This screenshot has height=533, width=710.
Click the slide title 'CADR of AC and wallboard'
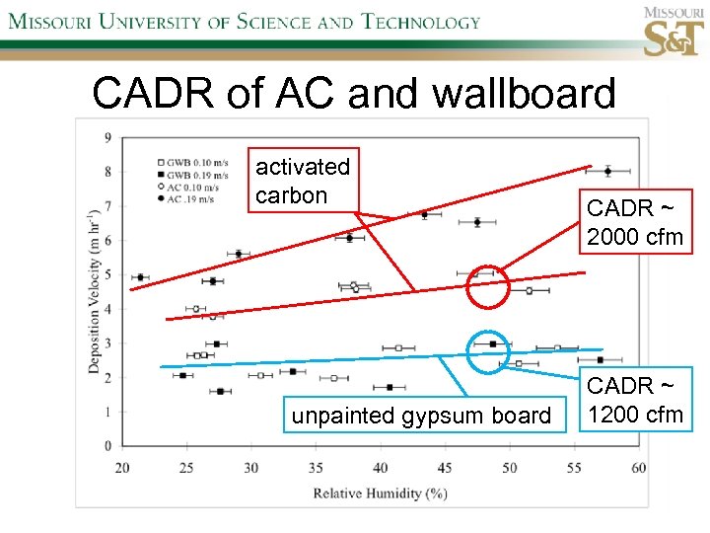pyautogui.click(x=353, y=94)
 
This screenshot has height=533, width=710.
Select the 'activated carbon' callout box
pyautogui.click(x=303, y=181)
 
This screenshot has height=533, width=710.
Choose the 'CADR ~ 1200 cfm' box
pyautogui.click(x=635, y=400)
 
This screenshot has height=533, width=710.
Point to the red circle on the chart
pyautogui.click(x=487, y=286)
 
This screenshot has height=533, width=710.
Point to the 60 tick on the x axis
pyautogui.click(x=638, y=467)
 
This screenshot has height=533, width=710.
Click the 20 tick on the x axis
pyautogui.click(x=123, y=467)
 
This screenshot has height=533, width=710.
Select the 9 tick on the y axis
pyautogui.click(x=107, y=137)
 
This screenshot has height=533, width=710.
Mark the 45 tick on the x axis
pyautogui.click(x=445, y=467)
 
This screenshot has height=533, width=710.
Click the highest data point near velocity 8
pyautogui.click(x=607, y=171)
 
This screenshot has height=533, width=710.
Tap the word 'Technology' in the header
pyautogui.click(x=406, y=22)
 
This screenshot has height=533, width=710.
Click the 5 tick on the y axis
pyautogui.click(x=107, y=274)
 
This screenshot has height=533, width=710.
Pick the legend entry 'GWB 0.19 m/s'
pyautogui.click(x=192, y=173)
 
